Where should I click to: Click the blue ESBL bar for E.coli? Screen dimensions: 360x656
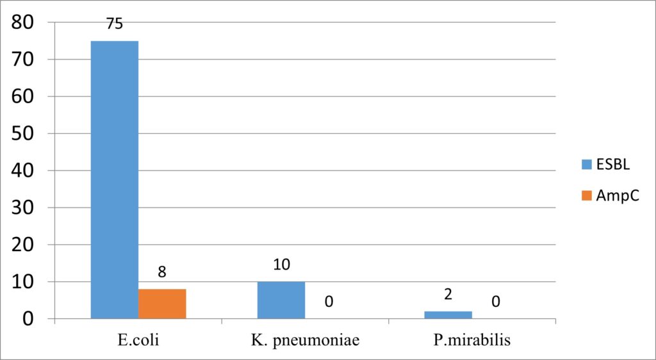click(x=114, y=180)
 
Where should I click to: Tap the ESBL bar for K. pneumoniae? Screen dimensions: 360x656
click(x=281, y=300)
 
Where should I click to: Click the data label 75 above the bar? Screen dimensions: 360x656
click(x=115, y=25)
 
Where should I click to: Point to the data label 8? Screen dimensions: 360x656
click(x=162, y=272)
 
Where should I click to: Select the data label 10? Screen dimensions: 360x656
click(x=281, y=264)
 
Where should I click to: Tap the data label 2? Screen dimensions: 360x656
click(x=448, y=295)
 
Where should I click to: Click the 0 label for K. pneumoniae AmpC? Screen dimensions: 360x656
click(x=329, y=301)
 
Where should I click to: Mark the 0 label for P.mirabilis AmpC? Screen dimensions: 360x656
click(x=496, y=301)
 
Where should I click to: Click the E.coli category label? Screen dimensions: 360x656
click(x=138, y=340)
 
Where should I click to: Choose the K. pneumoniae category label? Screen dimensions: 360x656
click(x=305, y=340)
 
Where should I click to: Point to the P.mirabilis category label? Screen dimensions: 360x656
click(x=472, y=340)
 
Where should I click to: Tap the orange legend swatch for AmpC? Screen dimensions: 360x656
click(x=586, y=197)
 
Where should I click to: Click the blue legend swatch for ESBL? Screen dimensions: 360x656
click(x=586, y=165)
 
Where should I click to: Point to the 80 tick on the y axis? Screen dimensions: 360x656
click(x=26, y=23)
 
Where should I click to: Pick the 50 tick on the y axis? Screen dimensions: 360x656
click(x=26, y=134)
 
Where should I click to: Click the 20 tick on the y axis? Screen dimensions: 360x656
click(x=26, y=245)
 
